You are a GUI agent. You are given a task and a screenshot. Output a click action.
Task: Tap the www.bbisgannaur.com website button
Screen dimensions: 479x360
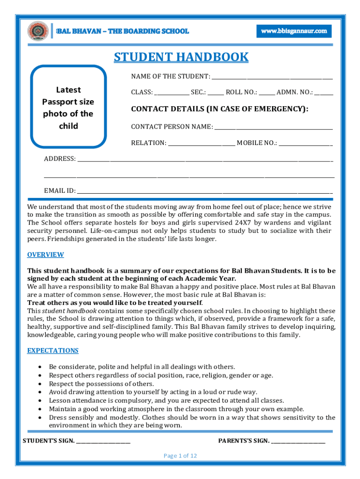pyautogui.click(x=294, y=31)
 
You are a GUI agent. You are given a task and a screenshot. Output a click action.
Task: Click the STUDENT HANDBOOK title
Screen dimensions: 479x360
pyautogui.click(x=181, y=57)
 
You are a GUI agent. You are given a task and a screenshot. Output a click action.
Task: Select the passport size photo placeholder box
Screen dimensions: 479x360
pyautogui.click(x=68, y=108)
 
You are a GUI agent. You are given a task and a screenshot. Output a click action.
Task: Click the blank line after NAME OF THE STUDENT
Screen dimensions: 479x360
pyautogui.click(x=272, y=77)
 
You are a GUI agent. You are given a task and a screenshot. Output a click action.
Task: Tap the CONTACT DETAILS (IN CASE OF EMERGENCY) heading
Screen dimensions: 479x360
pyautogui.click(x=220, y=109)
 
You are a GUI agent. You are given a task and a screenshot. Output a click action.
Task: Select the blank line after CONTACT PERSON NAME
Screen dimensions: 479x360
pyautogui.click(x=274, y=127)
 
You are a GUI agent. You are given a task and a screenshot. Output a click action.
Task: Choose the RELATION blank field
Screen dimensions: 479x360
pyautogui.click(x=202, y=143)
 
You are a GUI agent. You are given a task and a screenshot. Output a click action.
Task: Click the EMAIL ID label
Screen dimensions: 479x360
pyautogui.click(x=59, y=191)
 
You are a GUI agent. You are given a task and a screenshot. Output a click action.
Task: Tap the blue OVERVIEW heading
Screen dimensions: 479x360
pyautogui.click(x=45, y=254)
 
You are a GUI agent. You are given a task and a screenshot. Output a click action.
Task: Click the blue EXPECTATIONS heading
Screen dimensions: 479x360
pyautogui.click(x=53, y=350)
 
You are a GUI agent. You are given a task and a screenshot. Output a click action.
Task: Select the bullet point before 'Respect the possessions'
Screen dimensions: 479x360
pyautogui.click(x=43, y=384)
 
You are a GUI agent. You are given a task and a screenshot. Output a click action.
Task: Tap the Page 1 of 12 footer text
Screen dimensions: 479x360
pyautogui.click(x=180, y=456)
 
